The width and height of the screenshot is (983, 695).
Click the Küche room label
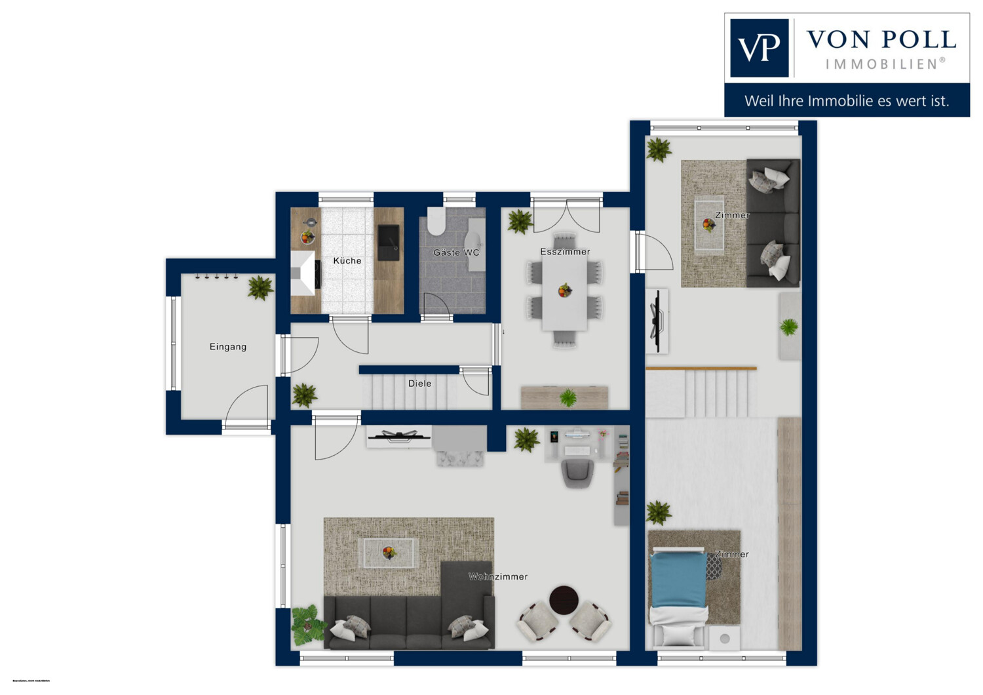347,261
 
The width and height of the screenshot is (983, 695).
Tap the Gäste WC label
456,252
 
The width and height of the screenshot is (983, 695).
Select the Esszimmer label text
565,252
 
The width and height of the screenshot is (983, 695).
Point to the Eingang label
228,347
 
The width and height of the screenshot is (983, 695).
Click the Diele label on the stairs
419,384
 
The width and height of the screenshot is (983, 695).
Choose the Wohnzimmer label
498,577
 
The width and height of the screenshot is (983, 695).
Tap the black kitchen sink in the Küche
388,242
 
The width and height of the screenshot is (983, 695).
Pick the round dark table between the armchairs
564,600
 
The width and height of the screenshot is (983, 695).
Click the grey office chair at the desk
576,473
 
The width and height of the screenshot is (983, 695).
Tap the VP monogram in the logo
759,48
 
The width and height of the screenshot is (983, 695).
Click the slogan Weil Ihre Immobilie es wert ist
847,101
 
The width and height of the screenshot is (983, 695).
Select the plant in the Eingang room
260,287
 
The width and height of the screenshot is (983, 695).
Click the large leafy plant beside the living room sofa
306,624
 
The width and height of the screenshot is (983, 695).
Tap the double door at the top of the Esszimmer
566,215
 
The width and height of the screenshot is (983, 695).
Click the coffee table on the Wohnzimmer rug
389,553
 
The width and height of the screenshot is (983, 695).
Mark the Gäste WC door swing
436,305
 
